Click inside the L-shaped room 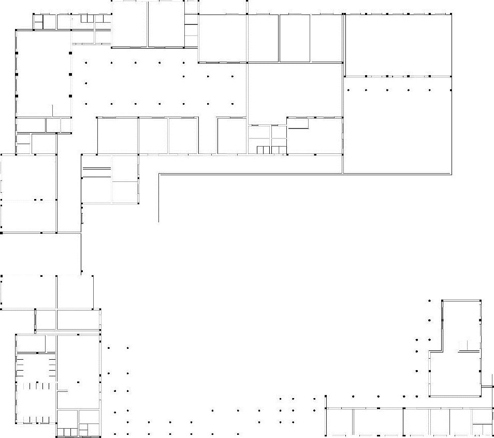456,373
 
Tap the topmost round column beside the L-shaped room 429,300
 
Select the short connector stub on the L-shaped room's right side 487,386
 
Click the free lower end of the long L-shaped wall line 158,221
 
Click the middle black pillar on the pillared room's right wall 70,74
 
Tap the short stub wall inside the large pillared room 53,110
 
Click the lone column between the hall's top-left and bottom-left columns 85,83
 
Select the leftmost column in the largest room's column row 348,90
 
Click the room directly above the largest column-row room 397,46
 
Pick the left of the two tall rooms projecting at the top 129,24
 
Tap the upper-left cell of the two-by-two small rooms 258,132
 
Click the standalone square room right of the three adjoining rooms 231,136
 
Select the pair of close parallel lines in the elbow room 97,168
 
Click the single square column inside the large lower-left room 78,382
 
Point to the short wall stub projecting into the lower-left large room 62,390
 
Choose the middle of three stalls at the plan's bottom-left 67,432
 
